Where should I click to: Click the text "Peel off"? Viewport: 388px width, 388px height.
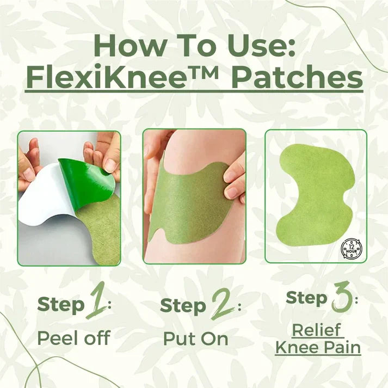[73, 338]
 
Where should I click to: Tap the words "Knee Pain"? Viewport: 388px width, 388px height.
[318, 347]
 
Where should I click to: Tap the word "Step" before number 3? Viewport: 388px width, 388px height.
[306, 298]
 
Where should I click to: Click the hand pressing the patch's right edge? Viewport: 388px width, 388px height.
[234, 182]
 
